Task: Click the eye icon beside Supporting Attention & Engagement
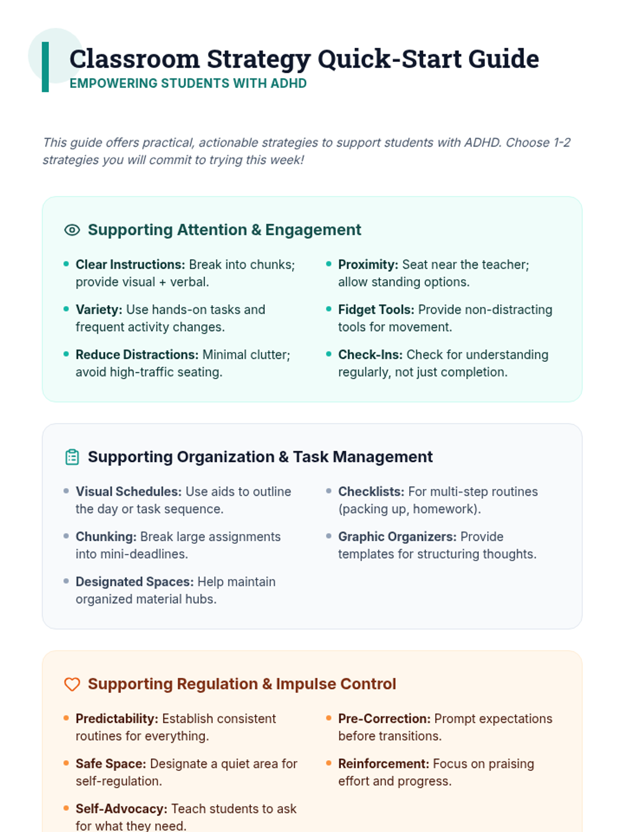72,230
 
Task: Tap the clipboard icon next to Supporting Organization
72,457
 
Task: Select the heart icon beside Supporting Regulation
72,684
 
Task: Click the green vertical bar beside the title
45,67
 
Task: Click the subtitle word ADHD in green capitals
289,83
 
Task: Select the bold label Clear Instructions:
130,265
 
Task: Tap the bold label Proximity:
368,265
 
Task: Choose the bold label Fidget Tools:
376,310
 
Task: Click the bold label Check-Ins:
370,355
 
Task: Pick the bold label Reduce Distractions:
137,355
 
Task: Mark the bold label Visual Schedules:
128,492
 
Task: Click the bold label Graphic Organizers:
397,537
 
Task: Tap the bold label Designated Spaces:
134,582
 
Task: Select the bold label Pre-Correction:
384,719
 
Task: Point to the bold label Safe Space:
111,764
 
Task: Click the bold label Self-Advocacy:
121,809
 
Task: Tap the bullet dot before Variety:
66,309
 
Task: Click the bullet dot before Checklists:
329,491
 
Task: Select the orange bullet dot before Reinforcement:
329,763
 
